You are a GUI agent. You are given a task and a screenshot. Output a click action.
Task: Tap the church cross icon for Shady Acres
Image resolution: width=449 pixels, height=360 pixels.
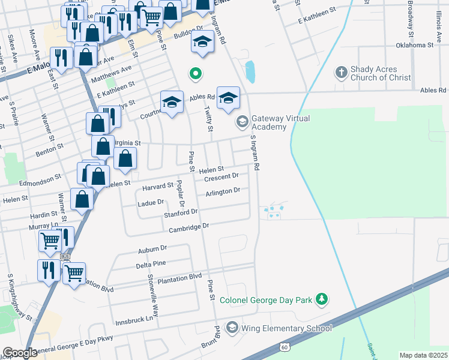coord(341,73)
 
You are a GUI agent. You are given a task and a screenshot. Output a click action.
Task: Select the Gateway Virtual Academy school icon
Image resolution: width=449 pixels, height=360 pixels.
coord(242,122)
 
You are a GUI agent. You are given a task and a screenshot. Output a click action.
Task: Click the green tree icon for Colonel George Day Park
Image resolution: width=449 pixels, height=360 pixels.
coord(322,299)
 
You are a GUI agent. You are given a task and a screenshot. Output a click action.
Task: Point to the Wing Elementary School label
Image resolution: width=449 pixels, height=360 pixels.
coord(286,328)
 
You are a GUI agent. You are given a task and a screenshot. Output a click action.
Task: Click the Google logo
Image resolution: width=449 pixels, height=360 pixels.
coord(20,353)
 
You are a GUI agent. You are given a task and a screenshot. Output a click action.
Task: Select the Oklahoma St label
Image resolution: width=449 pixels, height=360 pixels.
coord(415,45)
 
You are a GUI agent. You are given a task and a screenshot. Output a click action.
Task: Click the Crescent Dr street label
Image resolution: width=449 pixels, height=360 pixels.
coord(221,178)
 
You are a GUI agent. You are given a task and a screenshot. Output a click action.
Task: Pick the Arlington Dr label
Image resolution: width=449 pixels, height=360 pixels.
coord(223,191)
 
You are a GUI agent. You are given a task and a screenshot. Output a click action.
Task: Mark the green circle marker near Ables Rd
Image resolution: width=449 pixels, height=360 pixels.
coord(195,74)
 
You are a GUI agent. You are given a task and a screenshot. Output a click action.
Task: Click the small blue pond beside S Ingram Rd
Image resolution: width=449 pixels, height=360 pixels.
coord(250,72)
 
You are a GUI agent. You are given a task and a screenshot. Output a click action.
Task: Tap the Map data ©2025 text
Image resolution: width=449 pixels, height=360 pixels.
coord(423,355)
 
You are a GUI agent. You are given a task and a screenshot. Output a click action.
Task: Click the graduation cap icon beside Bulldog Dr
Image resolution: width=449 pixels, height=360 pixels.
coord(203,43)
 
